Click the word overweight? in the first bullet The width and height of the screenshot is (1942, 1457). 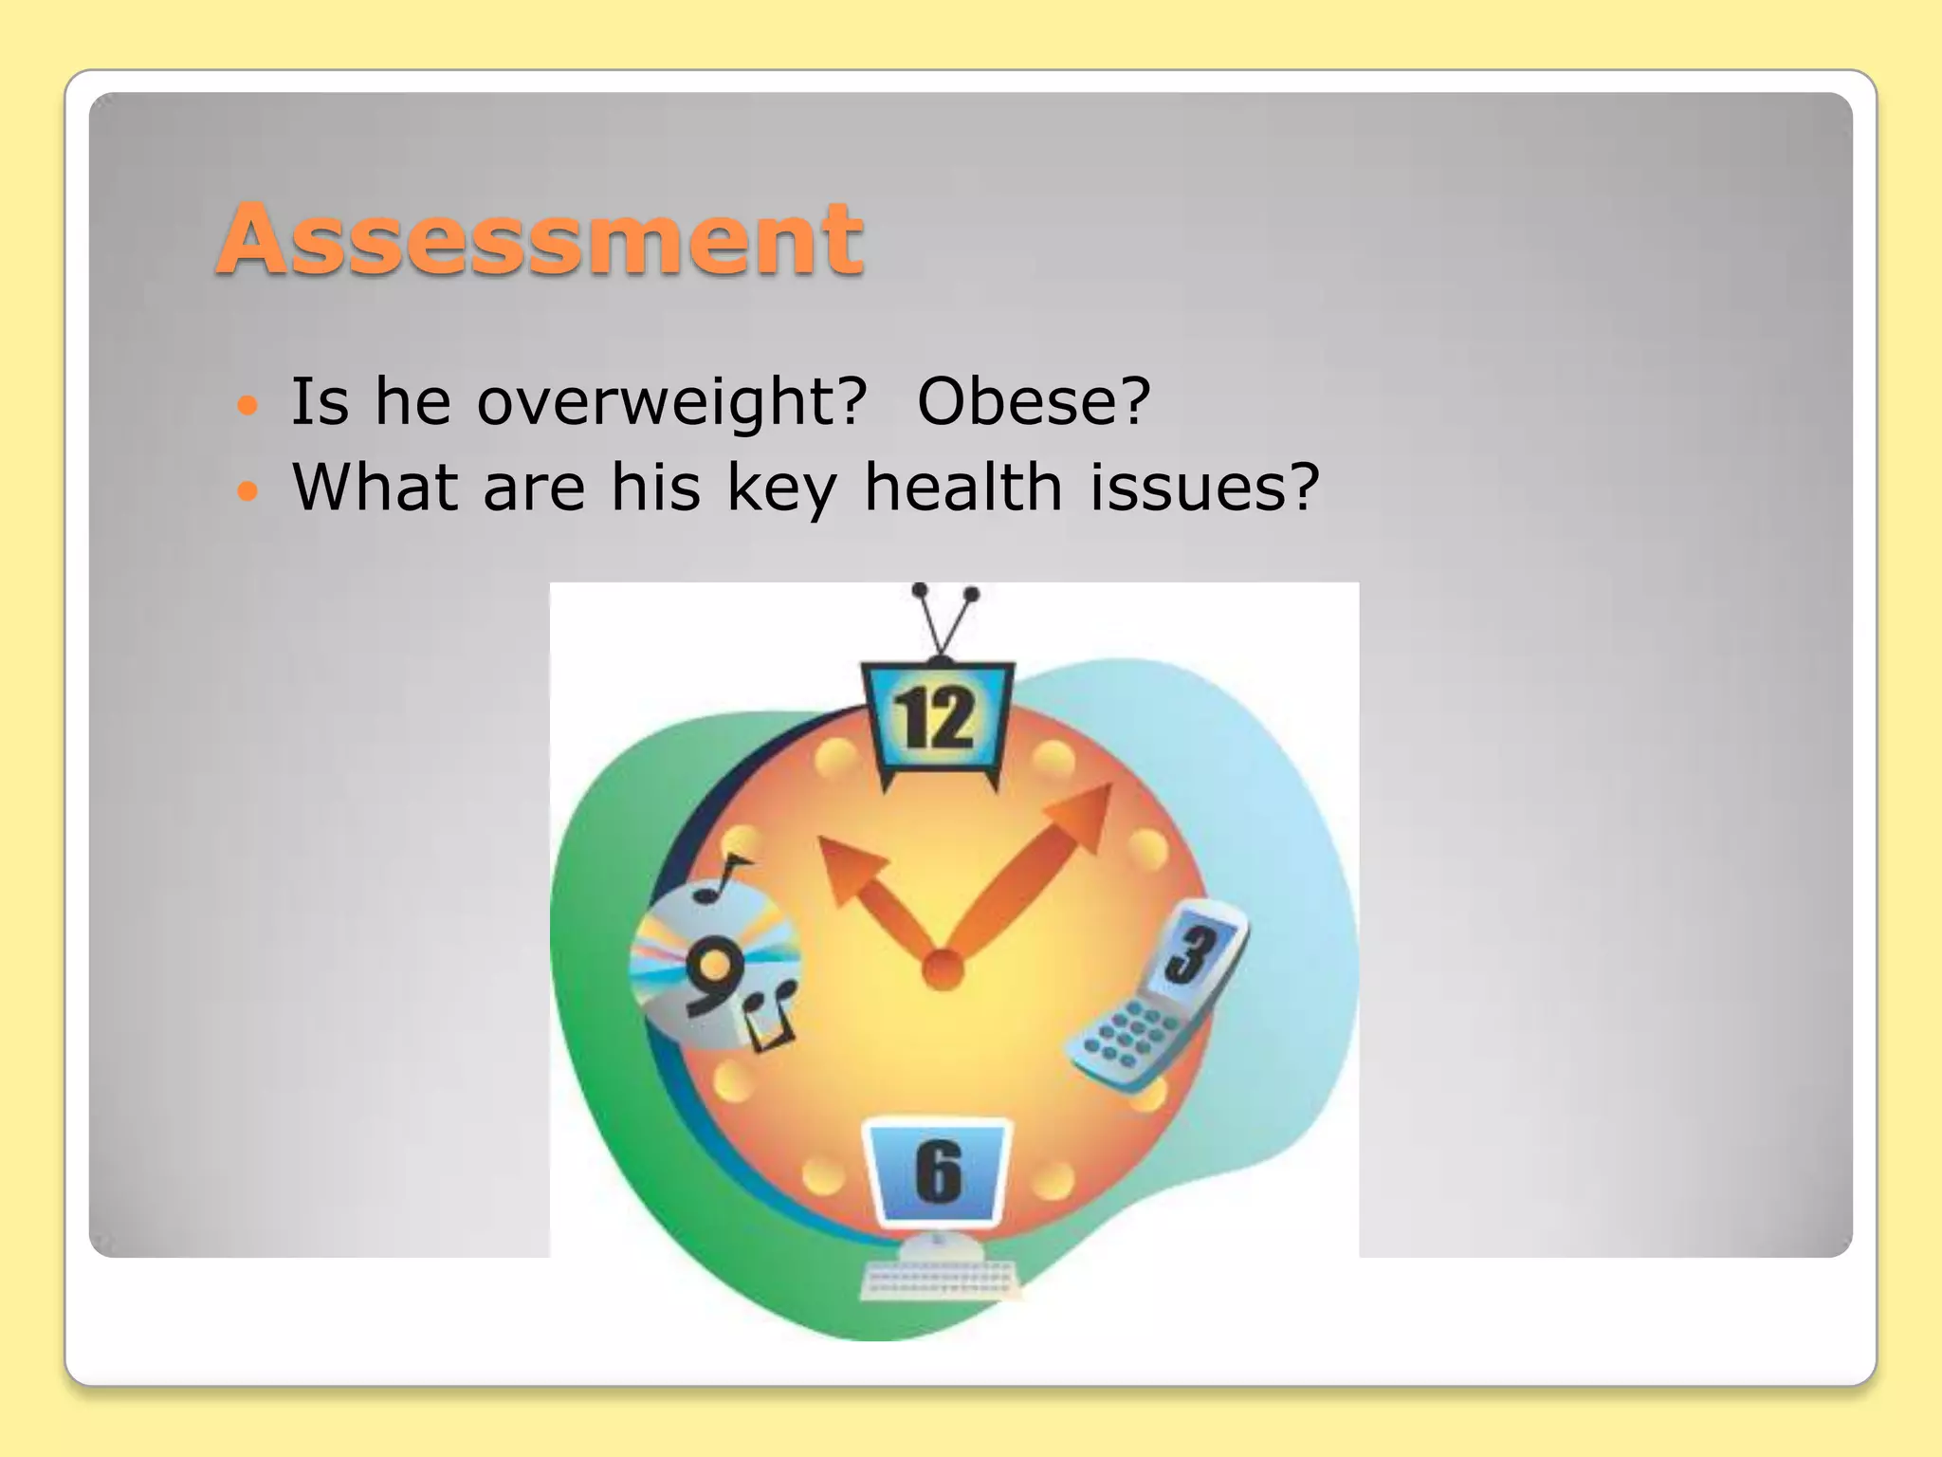[x=671, y=402]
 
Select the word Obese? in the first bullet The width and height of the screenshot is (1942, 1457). [x=1034, y=402]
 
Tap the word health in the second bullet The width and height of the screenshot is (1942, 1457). [x=962, y=487]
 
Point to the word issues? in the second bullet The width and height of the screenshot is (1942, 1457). [x=1204, y=487]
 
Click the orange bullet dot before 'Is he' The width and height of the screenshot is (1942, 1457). [x=247, y=407]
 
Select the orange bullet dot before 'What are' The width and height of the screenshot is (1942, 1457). [x=247, y=491]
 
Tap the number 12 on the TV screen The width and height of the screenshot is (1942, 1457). [x=935, y=718]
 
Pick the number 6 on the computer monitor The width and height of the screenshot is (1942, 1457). [x=939, y=1172]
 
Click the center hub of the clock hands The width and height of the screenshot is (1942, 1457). [x=943, y=969]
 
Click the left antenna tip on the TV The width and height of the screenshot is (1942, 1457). [x=919, y=590]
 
